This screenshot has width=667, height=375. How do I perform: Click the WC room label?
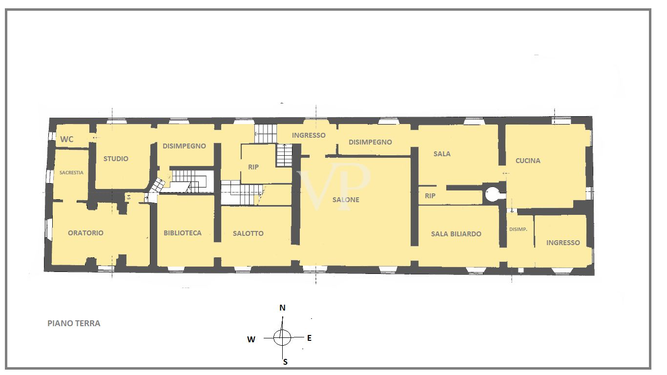tap(67, 139)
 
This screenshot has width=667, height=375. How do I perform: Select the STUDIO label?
tap(116, 159)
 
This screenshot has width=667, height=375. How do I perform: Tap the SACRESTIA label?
tap(71, 172)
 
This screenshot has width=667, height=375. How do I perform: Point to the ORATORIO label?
tap(85, 233)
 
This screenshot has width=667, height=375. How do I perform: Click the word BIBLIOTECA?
tap(183, 233)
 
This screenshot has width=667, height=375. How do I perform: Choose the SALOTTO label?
tap(248, 233)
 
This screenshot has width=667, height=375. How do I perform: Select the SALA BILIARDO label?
tap(456, 234)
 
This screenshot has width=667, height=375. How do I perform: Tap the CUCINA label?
tap(528, 161)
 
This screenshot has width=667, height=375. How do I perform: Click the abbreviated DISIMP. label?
tap(518, 229)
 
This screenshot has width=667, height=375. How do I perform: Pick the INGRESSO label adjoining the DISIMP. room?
tap(563, 243)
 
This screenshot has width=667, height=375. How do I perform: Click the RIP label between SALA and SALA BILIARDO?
tap(430, 196)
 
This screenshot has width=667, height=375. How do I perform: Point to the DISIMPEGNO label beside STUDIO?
tap(184, 146)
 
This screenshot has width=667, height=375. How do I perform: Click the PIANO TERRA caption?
tap(74, 323)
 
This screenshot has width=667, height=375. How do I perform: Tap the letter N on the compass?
tap(282, 308)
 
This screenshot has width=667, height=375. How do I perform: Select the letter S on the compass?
tap(285, 362)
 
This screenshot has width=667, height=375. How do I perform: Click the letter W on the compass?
tap(251, 340)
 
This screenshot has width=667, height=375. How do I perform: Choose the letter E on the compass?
tap(309, 338)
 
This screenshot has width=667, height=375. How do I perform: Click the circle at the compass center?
tap(282, 337)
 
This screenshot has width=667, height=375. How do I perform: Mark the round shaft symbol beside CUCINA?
tap(492, 194)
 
